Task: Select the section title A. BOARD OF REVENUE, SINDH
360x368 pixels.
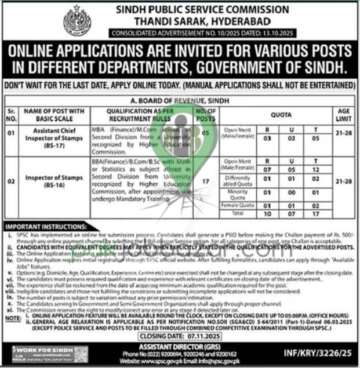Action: tap(179, 100)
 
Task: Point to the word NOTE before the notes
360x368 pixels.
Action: tap(11, 318)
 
